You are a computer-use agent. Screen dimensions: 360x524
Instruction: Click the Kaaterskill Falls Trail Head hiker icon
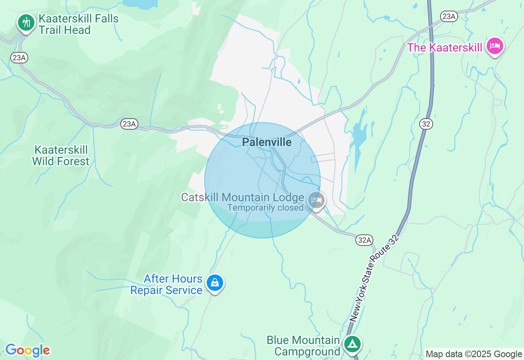click(26, 22)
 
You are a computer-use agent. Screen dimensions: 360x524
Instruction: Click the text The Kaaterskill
click(445, 47)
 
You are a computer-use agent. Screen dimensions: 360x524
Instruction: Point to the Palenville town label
click(267, 142)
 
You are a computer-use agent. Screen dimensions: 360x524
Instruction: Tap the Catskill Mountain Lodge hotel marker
click(316, 200)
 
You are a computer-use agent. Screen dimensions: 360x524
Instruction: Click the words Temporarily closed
click(265, 208)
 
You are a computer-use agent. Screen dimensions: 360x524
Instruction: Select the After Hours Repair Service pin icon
click(215, 282)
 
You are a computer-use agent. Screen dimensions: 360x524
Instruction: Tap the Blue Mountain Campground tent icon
click(352, 344)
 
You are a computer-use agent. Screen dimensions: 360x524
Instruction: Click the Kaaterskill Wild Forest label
click(61, 155)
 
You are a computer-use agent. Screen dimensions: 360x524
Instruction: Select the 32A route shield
click(364, 240)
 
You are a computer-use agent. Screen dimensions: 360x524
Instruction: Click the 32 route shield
click(426, 124)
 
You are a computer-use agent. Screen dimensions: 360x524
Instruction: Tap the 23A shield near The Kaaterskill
click(449, 16)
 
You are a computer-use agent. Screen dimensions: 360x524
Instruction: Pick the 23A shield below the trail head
click(19, 58)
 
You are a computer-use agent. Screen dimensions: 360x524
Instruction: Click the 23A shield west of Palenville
click(129, 124)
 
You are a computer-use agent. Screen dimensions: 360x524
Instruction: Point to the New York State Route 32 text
click(374, 279)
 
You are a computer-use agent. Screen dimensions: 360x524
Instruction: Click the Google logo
click(27, 350)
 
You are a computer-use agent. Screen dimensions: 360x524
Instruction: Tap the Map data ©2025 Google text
click(474, 354)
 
